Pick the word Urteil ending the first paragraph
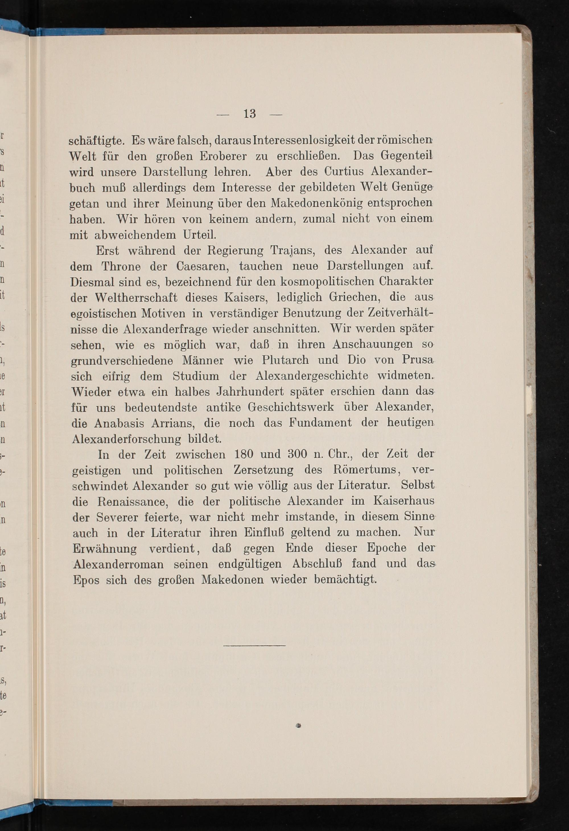click(x=199, y=235)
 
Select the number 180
click(x=243, y=455)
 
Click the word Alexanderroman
click(x=118, y=564)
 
